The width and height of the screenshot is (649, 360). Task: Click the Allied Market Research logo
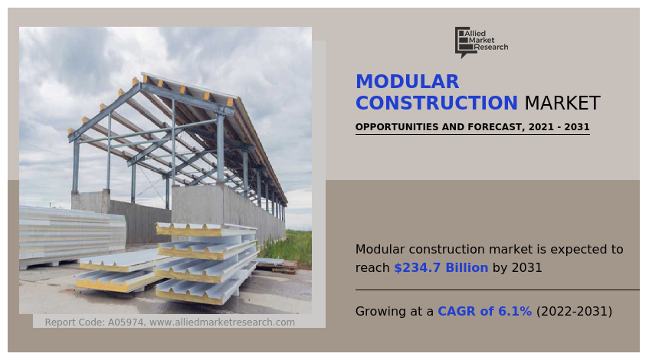pyautogui.click(x=481, y=42)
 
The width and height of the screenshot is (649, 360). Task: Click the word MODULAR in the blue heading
pyautogui.click(x=408, y=81)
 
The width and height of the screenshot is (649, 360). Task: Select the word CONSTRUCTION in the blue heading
pyautogui.click(x=437, y=103)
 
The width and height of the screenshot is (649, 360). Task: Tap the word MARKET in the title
pyautogui.click(x=562, y=103)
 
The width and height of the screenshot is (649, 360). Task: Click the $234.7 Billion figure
pyautogui.click(x=441, y=268)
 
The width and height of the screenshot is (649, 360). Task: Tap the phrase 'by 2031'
pyautogui.click(x=517, y=268)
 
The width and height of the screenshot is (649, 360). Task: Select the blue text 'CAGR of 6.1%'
pyautogui.click(x=485, y=311)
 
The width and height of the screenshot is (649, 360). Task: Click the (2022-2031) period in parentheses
pyautogui.click(x=574, y=311)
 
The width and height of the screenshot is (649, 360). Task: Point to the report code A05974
pyautogui.click(x=126, y=322)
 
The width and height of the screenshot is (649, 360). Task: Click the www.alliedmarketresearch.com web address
pyautogui.click(x=222, y=322)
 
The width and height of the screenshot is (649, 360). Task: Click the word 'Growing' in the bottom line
pyautogui.click(x=380, y=312)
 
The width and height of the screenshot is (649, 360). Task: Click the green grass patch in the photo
pyautogui.click(x=289, y=246)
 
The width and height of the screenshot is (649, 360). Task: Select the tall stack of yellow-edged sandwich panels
pyautogui.click(x=206, y=263)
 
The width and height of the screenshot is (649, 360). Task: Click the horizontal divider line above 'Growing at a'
pyautogui.click(x=497, y=290)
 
